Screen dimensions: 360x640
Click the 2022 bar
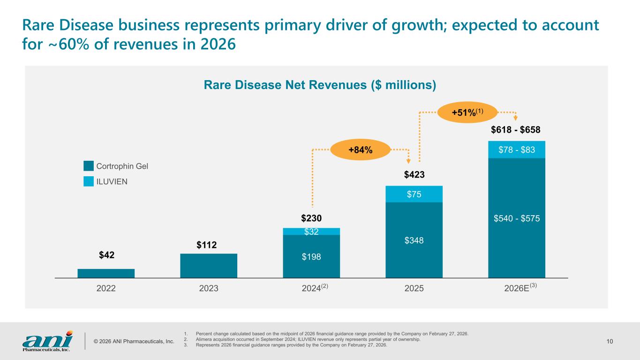[x=106, y=273]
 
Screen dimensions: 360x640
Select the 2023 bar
[x=209, y=266]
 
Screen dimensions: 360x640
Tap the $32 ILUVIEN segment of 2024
[x=311, y=231]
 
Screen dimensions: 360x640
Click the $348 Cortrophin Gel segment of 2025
[x=414, y=240]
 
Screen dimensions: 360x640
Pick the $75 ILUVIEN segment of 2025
[x=414, y=194]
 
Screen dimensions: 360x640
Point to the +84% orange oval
[x=361, y=150]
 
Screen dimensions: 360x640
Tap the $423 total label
[x=414, y=175]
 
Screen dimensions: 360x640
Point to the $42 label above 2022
[x=106, y=255]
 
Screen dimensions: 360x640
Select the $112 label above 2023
[x=209, y=245]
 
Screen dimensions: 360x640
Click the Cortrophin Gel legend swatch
[x=89, y=166]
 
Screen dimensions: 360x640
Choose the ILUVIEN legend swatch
[x=89, y=181]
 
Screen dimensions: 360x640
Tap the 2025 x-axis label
[x=414, y=288]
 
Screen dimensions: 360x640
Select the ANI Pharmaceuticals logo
[x=47, y=341]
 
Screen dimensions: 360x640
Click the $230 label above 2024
[x=311, y=219]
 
